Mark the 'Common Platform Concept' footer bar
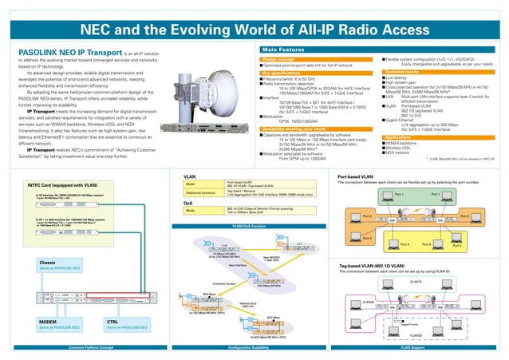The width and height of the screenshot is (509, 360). pyautogui.click(x=89, y=348)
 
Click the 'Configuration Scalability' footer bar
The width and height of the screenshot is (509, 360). pyautogui.click(x=254, y=348)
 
